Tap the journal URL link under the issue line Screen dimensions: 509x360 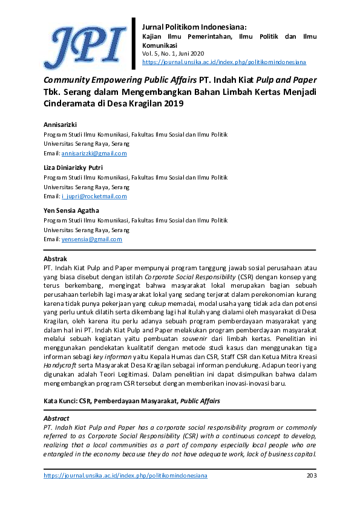[x=223, y=62]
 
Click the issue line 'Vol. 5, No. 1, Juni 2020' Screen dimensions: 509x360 [x=174, y=54]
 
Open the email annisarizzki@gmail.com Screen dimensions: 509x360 [x=94, y=153]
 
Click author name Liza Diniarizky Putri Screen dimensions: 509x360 [x=73, y=167]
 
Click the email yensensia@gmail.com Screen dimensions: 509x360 [x=91, y=239]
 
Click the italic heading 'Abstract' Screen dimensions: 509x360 [x=56, y=418]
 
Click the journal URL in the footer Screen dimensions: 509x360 [x=125, y=476]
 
